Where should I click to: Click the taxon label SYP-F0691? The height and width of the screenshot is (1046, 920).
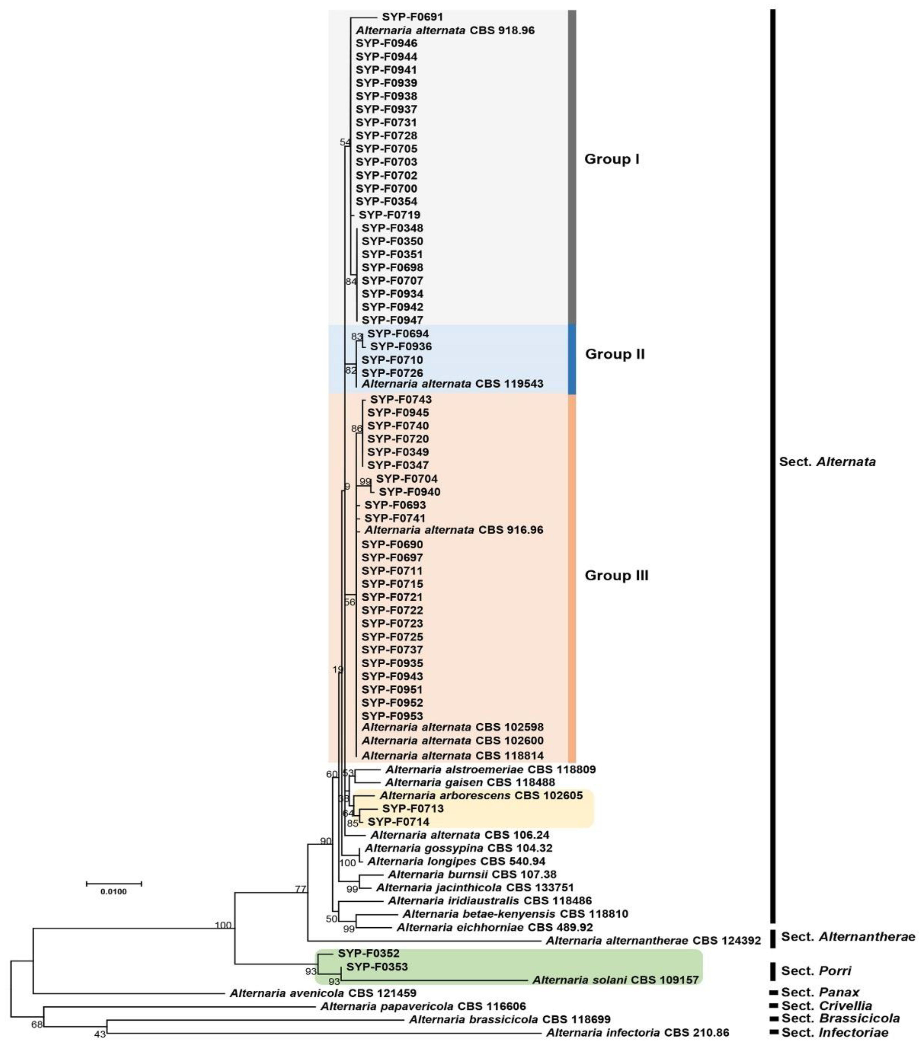click(x=412, y=17)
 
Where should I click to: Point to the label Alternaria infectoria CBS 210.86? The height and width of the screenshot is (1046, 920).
click(x=637, y=1033)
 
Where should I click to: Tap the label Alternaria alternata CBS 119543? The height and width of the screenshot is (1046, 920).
click(x=452, y=384)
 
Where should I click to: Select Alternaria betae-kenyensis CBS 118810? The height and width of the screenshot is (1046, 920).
click(x=515, y=913)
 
